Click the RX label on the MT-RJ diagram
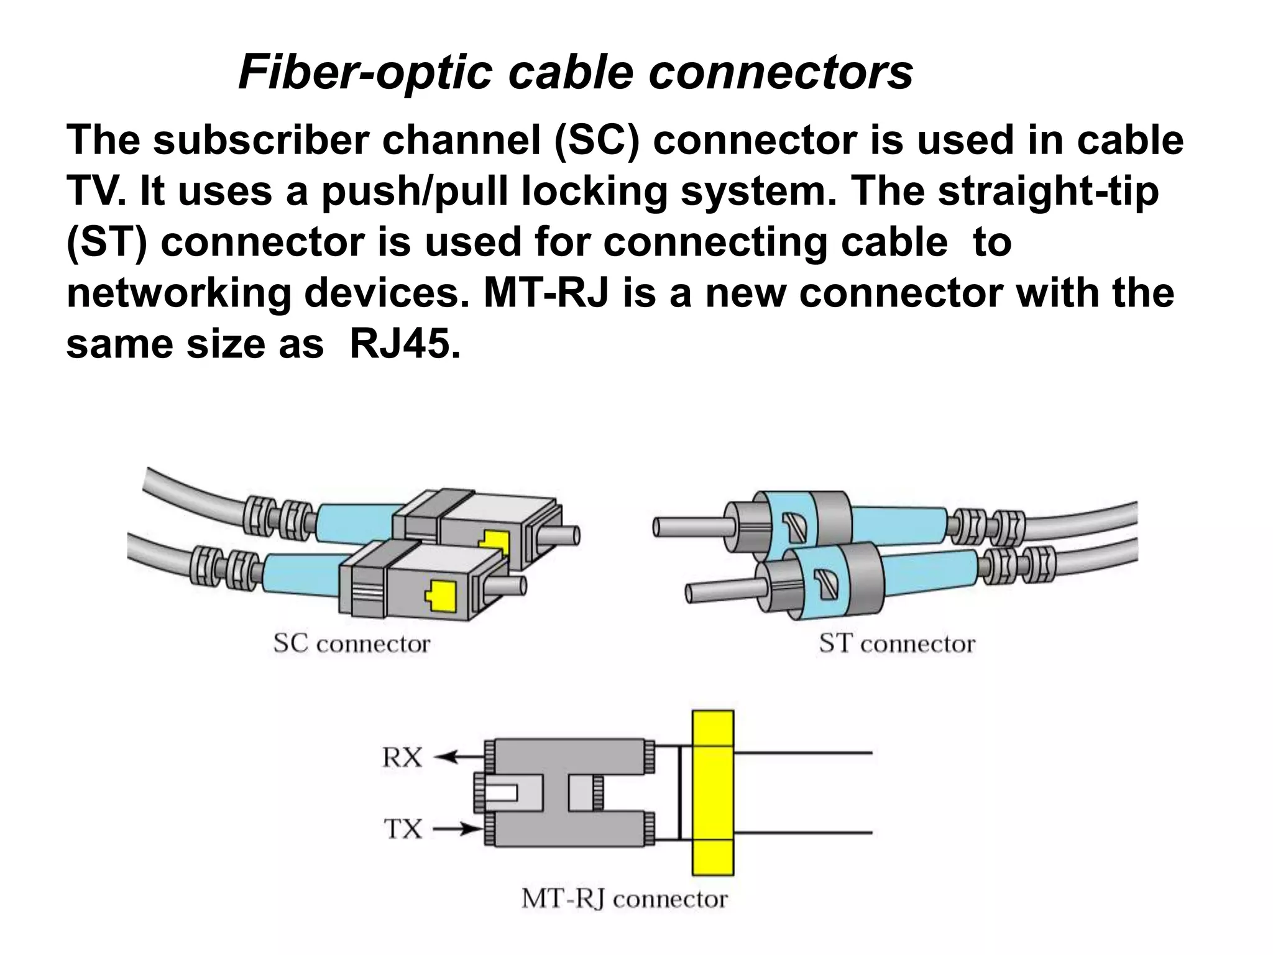pos(402,757)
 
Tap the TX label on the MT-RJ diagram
pos(402,829)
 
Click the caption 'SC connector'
pos(352,644)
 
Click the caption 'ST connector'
pos(897,644)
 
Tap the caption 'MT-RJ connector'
pos(624,899)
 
